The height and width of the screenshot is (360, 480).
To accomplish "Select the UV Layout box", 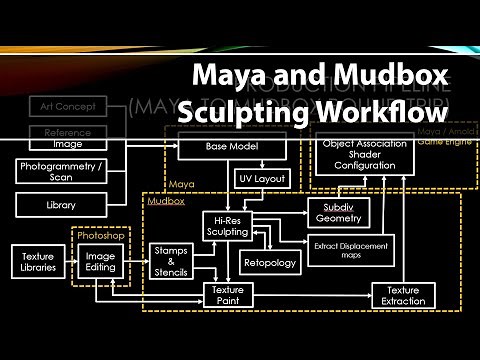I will point(263,179).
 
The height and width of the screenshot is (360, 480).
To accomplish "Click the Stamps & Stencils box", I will point(171,262).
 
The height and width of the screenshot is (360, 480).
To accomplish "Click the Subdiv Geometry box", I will point(336,213).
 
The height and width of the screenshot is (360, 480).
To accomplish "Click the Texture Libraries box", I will point(38,261).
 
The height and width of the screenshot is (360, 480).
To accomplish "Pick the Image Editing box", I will point(101,261).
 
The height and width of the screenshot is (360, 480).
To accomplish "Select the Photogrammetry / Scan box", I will point(59,171).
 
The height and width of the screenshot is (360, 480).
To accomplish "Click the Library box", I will point(59,204).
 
